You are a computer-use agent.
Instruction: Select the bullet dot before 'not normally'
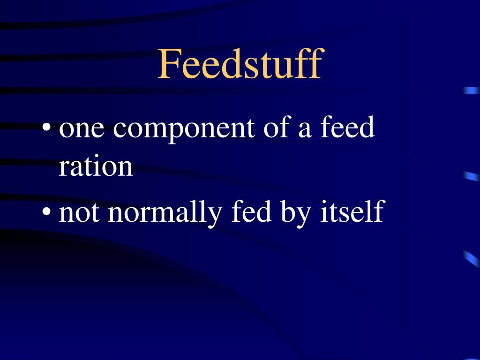(46, 212)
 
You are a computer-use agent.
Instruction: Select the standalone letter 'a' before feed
(305, 130)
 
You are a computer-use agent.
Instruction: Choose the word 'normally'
(165, 213)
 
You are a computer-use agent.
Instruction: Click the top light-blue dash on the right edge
(471, 91)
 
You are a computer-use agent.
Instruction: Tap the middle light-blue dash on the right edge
(471, 176)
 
